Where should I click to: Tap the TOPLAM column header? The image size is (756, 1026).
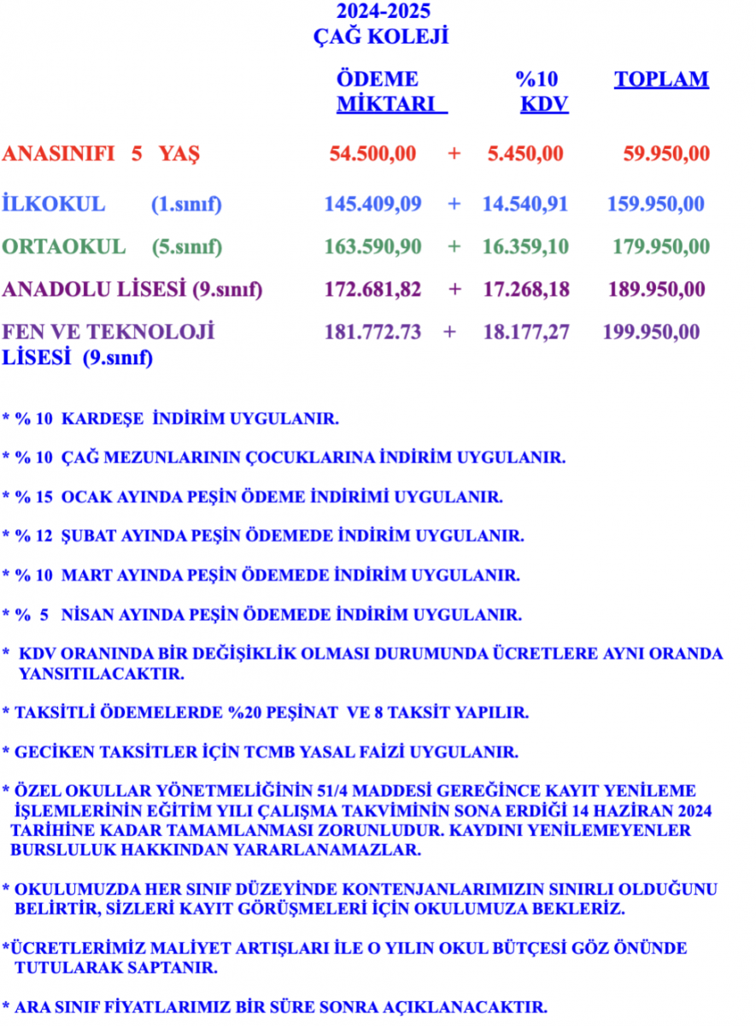click(661, 80)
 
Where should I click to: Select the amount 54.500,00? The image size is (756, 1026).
click(373, 154)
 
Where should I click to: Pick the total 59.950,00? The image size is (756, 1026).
click(666, 154)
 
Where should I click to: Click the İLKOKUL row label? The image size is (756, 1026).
click(54, 204)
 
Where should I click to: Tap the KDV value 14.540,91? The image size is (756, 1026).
click(525, 204)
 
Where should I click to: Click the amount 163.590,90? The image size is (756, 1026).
click(373, 247)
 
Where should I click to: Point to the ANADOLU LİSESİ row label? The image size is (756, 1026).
click(94, 289)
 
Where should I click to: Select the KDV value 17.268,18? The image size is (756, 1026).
click(526, 289)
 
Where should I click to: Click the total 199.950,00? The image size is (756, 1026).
click(651, 332)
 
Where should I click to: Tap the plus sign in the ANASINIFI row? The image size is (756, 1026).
click(454, 154)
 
